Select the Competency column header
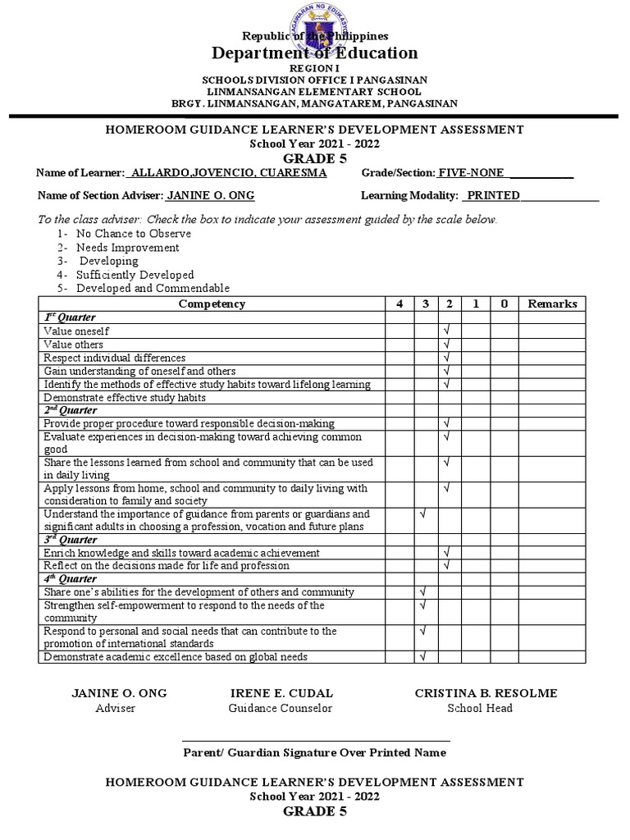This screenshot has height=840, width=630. click(x=212, y=304)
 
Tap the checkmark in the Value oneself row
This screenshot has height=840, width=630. click(x=447, y=331)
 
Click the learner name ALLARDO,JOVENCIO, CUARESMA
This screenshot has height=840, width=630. click(x=229, y=173)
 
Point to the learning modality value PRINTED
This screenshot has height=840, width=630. click(x=492, y=195)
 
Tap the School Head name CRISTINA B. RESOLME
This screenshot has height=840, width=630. click(x=486, y=693)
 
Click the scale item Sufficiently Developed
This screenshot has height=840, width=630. click(x=135, y=275)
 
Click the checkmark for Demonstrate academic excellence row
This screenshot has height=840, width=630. click(x=424, y=656)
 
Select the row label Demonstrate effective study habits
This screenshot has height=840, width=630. click(x=124, y=398)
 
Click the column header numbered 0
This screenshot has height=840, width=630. click(x=504, y=304)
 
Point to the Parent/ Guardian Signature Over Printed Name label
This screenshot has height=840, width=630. click(x=314, y=752)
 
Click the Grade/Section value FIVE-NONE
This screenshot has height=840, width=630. click(x=471, y=173)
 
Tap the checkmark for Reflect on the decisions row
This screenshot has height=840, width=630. click(x=447, y=566)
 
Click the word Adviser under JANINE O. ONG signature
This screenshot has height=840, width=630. click(x=116, y=708)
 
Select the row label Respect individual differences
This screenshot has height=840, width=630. click(x=115, y=358)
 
